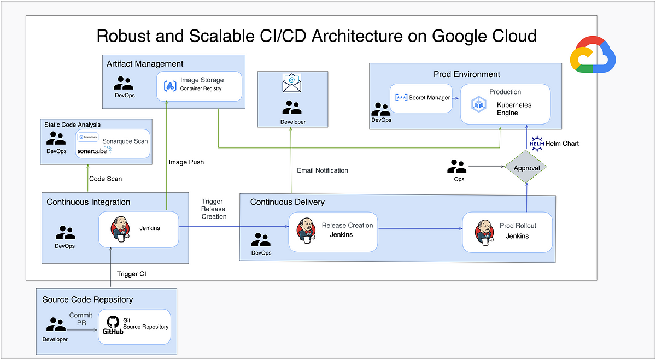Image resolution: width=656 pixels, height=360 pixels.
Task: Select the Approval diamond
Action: coord(526,168)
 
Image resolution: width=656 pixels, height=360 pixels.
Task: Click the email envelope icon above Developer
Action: coord(292,83)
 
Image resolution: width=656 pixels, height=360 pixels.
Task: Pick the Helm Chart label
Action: coord(563,144)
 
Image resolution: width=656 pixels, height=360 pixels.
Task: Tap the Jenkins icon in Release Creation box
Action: coord(307,231)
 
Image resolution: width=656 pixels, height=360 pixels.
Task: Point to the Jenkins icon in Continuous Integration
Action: coord(120,228)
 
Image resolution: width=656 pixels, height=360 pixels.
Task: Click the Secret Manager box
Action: coord(421,98)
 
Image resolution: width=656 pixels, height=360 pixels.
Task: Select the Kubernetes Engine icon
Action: coord(479,104)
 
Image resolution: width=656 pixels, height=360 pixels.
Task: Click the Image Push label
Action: coord(187,162)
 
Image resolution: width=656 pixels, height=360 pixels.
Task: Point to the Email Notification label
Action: coord(323,170)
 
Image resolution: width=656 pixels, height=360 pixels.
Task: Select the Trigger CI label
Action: coord(132,274)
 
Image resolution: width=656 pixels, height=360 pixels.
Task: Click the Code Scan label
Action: coord(106,179)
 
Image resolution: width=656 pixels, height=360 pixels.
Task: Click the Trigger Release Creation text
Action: coord(214,209)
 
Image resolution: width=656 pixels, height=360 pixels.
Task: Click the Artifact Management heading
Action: coord(145,64)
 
